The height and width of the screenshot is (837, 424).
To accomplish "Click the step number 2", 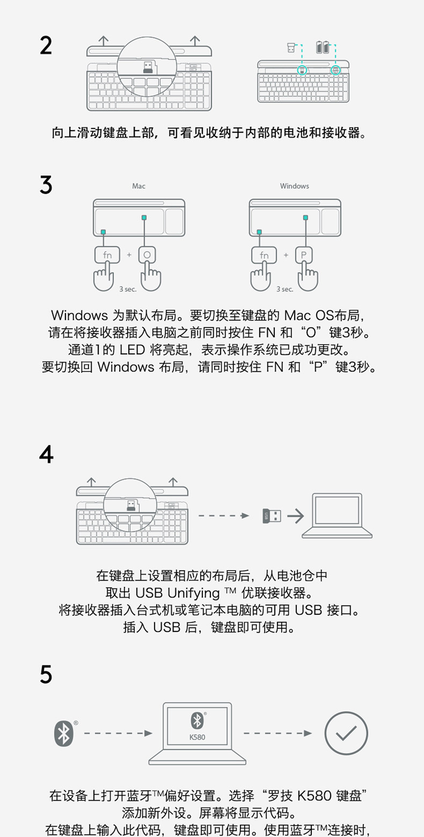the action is pos(46,46).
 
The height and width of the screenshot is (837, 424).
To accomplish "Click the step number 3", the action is pos(46,185).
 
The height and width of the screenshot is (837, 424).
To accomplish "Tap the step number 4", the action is pos(46,454).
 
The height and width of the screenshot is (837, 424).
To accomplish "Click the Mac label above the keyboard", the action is pos(138,186).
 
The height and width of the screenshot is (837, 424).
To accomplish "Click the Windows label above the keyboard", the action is pos(294,186).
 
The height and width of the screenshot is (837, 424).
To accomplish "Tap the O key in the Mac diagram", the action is pos(148,255).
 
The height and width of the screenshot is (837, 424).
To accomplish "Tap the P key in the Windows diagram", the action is pos(304,255).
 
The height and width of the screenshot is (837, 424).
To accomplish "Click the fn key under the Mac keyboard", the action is pos(107,255).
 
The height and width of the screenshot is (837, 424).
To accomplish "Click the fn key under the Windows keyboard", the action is pos(264,255).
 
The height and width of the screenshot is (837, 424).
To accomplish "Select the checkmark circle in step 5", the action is pos(346,733).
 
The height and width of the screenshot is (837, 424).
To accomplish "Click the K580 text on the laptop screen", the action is pos(197,737).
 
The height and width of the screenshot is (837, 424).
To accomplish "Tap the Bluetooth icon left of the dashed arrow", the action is pos(64,733).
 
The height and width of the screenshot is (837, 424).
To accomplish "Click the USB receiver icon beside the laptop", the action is pos(272,516).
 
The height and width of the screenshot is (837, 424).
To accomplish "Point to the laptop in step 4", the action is pos(337,515).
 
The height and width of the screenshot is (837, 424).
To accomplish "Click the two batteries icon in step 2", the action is pos(323,47).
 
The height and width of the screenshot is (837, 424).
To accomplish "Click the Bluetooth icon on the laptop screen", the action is pos(197,720).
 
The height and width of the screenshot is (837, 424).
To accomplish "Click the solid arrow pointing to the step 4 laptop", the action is pos(295,516).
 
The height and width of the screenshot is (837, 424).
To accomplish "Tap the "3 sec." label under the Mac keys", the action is pos(128,289).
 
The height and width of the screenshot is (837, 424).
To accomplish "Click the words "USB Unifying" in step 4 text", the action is pos(177,593).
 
